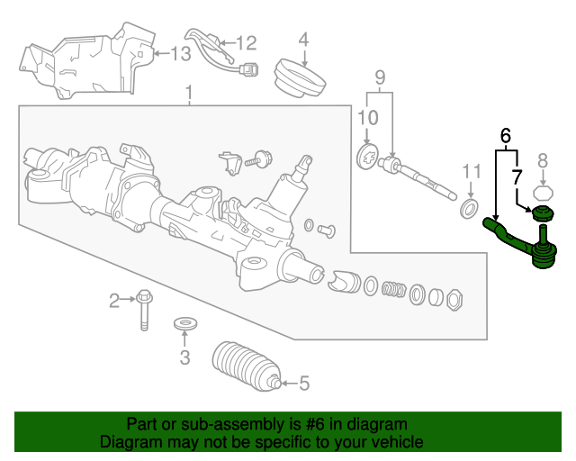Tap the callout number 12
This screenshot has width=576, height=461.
point(246,42)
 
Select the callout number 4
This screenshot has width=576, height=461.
point(303,40)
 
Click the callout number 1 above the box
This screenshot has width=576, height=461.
point(189,93)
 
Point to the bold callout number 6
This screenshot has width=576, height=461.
point(506,136)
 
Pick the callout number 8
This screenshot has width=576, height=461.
point(542,161)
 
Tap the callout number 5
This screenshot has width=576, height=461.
point(303,384)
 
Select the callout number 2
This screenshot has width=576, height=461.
point(115,300)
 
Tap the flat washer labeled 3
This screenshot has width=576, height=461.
point(184,322)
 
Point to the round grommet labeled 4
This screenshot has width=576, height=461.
point(300,77)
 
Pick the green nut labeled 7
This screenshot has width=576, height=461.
point(542,215)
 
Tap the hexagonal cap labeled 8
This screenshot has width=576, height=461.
point(542,191)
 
